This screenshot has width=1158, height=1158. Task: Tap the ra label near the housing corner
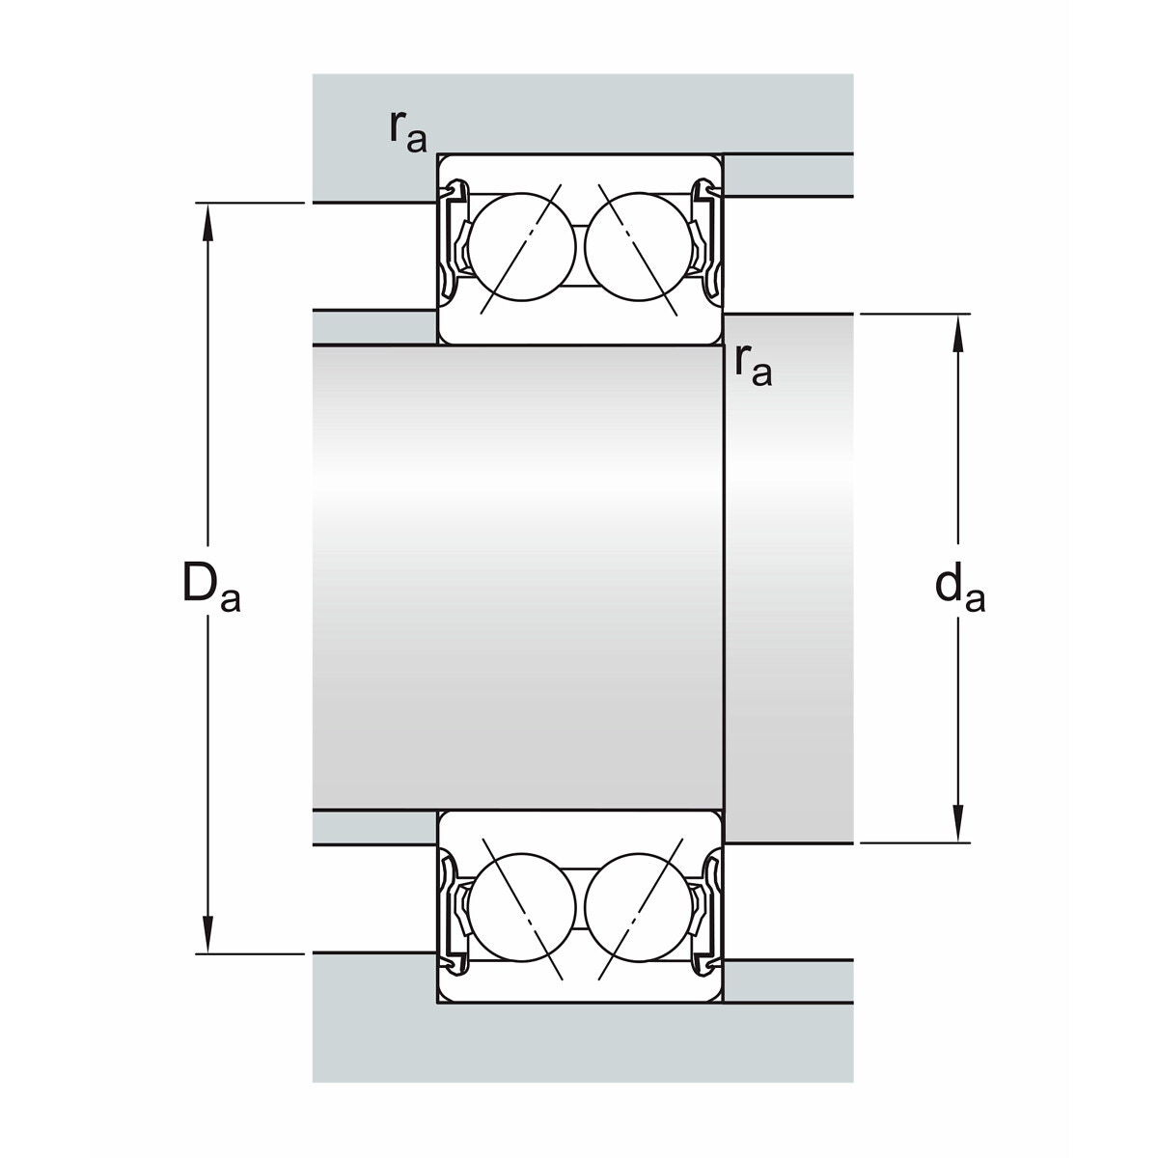tap(408, 131)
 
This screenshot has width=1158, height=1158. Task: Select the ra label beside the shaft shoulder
tap(754, 366)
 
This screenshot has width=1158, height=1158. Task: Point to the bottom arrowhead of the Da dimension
tap(207, 933)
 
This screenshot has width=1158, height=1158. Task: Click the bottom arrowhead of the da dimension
tap(958, 823)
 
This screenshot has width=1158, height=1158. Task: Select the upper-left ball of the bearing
tap(522, 247)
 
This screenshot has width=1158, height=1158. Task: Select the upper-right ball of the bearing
tap(639, 247)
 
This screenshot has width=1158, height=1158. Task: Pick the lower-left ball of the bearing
tap(522, 907)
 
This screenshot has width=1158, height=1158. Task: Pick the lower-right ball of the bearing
tap(639, 907)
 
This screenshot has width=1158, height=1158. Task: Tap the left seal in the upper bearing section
tap(455, 240)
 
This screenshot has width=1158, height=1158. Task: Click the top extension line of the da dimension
tap(915, 314)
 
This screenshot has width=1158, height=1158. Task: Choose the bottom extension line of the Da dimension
tap(250, 953)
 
